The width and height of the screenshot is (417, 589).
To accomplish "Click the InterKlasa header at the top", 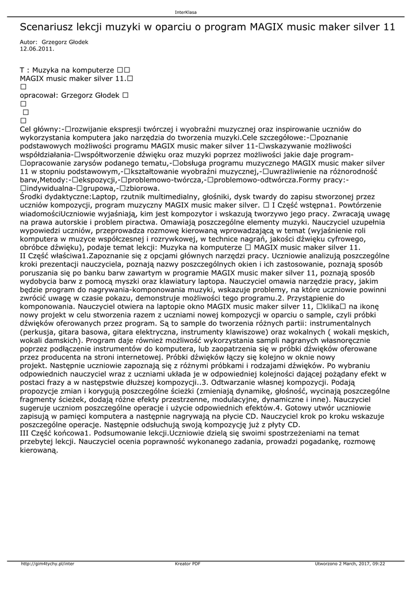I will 186,13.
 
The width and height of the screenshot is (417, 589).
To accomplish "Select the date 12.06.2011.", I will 37,49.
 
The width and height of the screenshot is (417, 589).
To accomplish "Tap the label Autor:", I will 29,42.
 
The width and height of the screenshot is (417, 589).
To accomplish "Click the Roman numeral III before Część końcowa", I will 25,433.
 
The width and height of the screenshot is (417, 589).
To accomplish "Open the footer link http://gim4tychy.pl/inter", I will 48,564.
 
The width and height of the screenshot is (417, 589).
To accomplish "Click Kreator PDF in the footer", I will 188,564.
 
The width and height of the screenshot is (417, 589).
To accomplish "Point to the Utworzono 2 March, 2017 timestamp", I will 350,564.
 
